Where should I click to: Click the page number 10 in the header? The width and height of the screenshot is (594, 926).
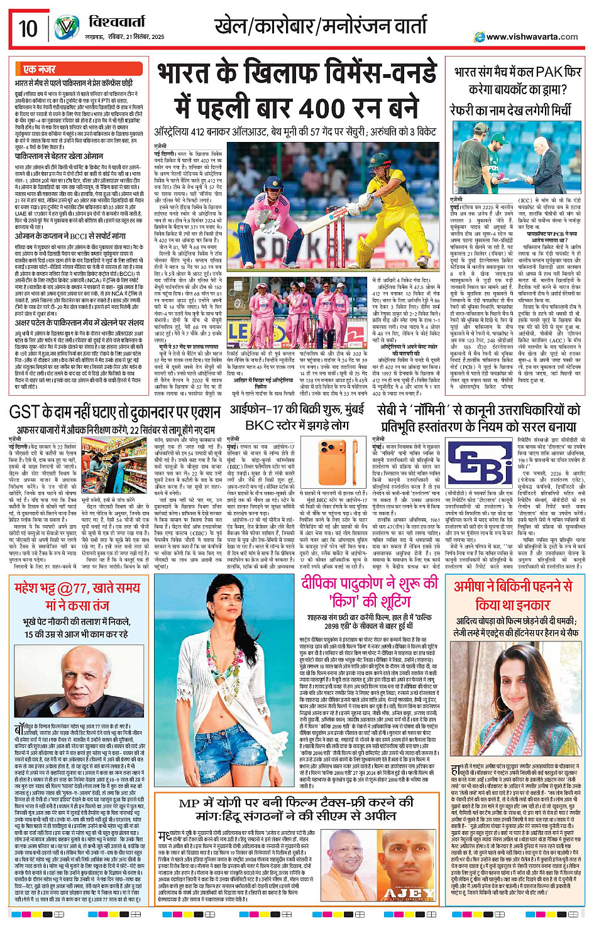tap(28, 29)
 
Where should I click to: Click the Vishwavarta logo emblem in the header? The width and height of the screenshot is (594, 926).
tap(67, 28)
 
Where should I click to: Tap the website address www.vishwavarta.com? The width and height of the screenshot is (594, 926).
tap(532, 36)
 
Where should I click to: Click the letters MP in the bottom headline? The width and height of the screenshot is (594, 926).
tap(189, 803)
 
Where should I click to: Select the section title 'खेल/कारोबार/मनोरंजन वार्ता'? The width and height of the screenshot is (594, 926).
tap(321, 27)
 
